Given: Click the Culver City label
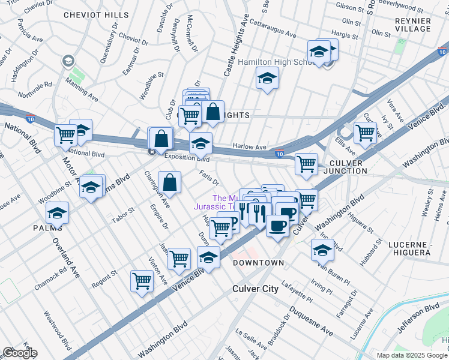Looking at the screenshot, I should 256,289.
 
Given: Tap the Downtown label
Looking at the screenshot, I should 258,263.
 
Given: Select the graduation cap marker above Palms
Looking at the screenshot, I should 58,213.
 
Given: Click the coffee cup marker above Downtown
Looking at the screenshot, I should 277,226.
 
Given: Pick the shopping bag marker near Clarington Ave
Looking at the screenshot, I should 170,181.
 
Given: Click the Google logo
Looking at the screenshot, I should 19,353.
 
